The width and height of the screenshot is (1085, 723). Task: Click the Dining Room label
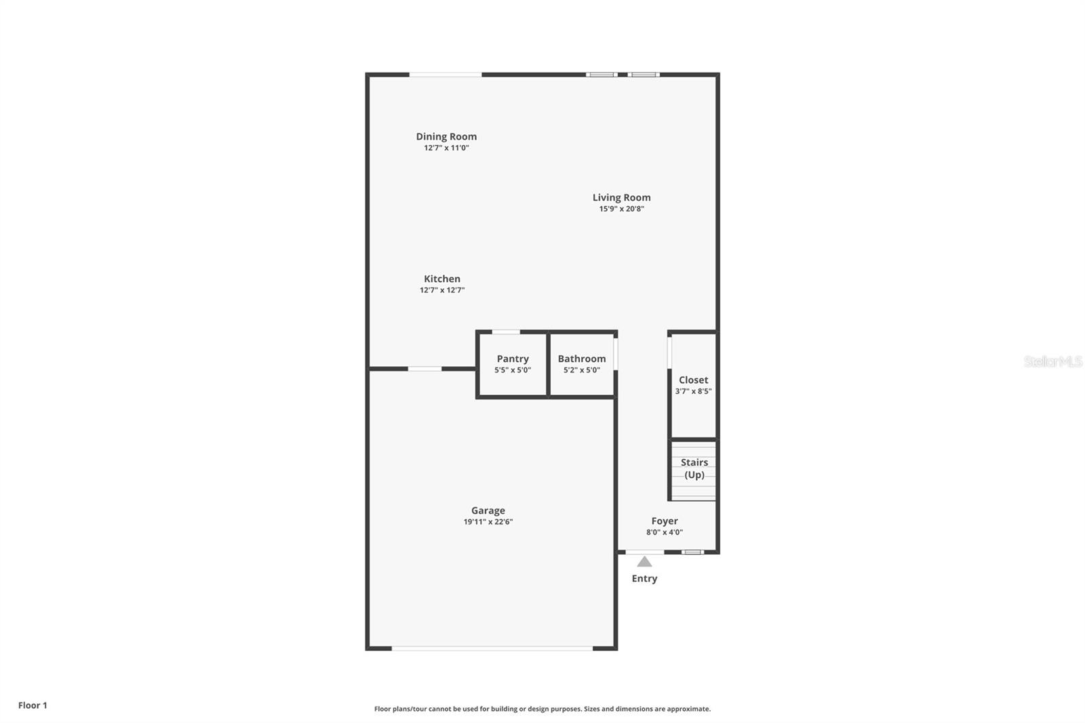point(446,136)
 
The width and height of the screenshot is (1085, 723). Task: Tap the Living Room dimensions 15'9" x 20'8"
point(621,209)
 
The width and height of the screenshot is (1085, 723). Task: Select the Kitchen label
point(442,279)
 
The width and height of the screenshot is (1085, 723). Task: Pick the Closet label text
point(693,380)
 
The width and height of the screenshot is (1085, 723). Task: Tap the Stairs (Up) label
point(694,469)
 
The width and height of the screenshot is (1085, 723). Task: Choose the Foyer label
point(665,521)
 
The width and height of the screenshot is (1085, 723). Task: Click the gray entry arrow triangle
point(644,562)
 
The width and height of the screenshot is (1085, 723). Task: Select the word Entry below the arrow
point(644,579)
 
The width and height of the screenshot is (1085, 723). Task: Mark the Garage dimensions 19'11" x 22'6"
point(488,522)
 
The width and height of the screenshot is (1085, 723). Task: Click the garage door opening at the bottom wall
point(492,648)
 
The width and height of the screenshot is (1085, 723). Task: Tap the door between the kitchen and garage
point(425,369)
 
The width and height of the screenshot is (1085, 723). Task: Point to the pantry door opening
point(506,332)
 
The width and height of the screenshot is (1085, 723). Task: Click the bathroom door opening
point(616,354)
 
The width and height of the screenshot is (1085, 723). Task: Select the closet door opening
point(669,353)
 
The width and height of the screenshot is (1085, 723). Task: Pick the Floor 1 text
point(33,705)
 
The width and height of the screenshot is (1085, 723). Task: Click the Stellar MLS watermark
point(1052,361)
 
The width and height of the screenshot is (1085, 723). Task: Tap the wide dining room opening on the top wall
point(446,75)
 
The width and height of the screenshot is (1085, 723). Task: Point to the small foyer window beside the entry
point(692,552)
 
